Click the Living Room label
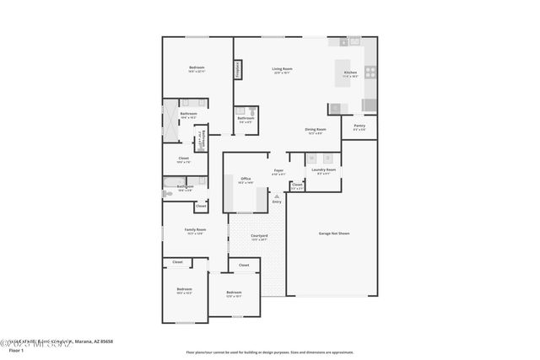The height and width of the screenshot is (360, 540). click(282, 69)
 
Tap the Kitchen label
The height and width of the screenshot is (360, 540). click(350, 73)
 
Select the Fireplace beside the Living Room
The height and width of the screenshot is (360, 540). click(238, 69)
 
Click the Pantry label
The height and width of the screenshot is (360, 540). click(359, 126)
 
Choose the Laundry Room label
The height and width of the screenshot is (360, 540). click(324, 171)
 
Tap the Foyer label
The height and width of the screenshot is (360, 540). click(278, 171)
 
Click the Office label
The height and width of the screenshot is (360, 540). click(246, 180)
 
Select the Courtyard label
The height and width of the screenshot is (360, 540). click(260, 236)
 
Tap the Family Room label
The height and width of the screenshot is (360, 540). click(195, 230)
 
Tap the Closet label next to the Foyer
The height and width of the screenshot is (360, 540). click(297, 185)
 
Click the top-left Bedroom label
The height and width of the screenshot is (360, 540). click(196, 68)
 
